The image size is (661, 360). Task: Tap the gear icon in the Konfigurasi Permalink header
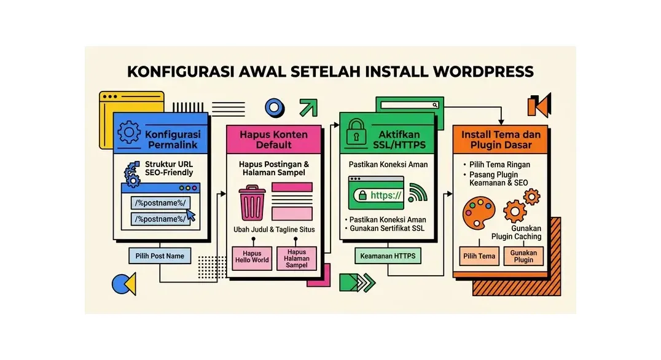128,133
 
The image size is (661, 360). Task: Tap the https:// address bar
376,195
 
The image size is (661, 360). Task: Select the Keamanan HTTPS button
388,256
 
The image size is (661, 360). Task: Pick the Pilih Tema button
479,256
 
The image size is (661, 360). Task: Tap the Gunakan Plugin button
523,256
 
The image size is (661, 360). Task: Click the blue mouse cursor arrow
190,215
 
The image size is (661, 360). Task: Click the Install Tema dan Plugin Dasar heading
501,139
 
